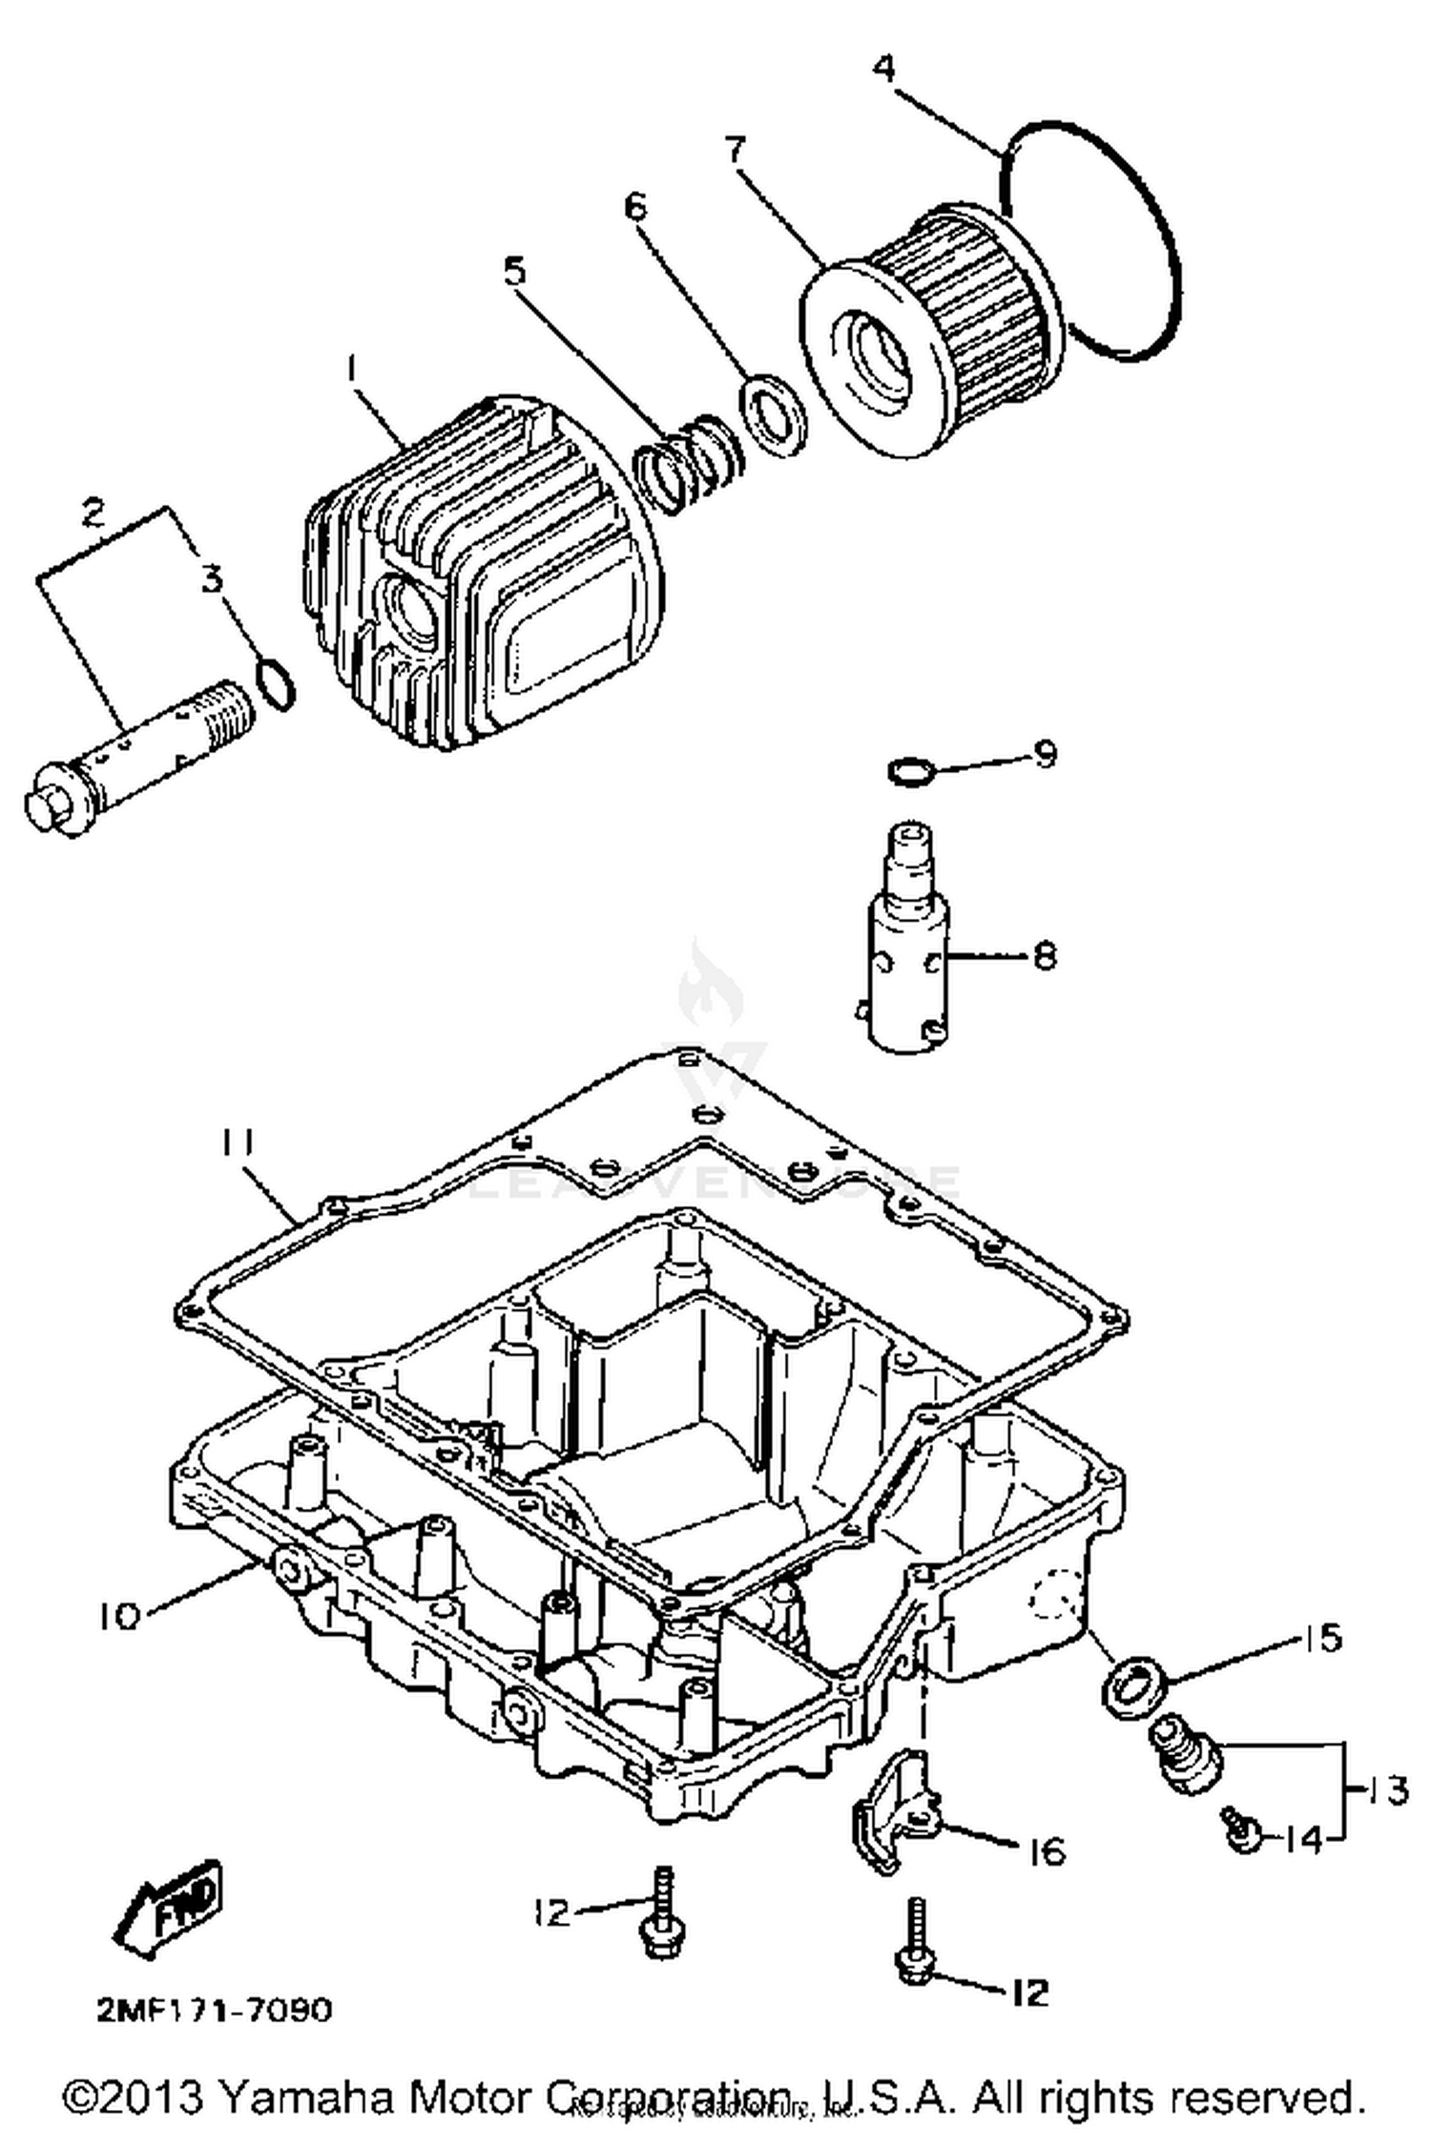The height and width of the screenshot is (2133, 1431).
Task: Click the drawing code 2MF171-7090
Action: [x=214, y=2011]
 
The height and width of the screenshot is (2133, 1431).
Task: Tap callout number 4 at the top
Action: [x=884, y=68]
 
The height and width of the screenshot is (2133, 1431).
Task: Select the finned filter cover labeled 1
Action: [x=487, y=573]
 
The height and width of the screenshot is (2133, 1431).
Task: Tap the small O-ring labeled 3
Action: [x=276, y=683]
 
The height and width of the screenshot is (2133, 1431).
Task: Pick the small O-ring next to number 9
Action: [x=908, y=769]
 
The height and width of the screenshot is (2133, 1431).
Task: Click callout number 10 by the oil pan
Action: [x=118, y=1618]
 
